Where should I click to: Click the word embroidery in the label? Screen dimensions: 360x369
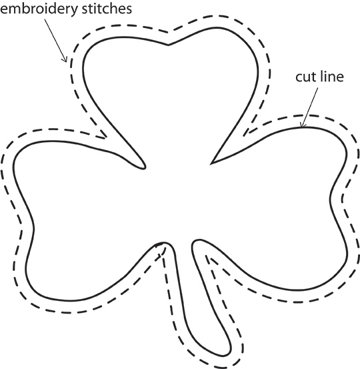[39, 9]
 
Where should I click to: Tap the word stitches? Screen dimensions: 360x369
[107, 9]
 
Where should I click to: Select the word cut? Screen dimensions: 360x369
[304, 77]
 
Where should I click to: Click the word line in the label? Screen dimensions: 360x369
[331, 77]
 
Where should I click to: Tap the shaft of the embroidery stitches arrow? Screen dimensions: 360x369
[55, 40]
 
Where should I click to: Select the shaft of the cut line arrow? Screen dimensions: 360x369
[310, 107]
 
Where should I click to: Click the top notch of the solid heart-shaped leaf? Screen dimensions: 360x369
[168, 45]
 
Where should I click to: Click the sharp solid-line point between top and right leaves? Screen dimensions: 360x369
[211, 163]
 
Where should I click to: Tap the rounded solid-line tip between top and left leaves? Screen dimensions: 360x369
[144, 167]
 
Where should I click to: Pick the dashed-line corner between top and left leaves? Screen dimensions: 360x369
[106, 137]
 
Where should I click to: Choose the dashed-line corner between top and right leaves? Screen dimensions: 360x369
[244, 135]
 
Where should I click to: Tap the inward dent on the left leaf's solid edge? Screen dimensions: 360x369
[34, 229]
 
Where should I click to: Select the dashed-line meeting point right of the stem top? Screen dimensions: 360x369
[207, 256]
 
